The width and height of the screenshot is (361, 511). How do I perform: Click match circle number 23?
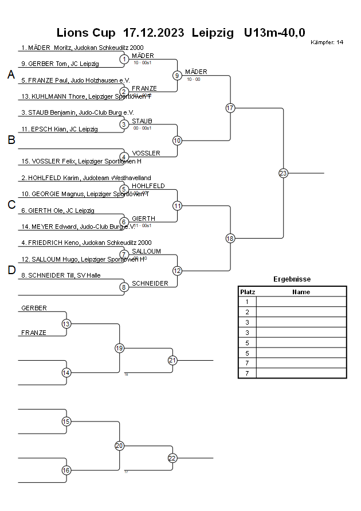coord(283,173)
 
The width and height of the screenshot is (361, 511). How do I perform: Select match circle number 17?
coord(230,108)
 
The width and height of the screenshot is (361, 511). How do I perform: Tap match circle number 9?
coord(177,75)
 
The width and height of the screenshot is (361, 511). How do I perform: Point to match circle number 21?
coord(172,360)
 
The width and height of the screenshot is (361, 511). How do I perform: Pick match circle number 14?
coord(66,373)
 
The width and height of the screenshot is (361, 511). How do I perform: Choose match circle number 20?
coord(120,446)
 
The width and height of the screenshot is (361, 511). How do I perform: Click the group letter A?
coord(11,75)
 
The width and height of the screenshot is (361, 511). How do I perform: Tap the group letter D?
coord(11,270)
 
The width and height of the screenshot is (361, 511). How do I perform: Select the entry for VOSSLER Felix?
coord(81,162)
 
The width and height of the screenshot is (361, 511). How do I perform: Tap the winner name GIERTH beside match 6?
coord(143,219)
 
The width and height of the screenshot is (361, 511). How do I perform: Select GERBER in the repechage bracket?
coord(34,309)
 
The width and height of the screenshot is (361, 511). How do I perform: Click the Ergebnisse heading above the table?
coord(292,279)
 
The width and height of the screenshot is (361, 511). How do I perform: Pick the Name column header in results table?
coord(301,292)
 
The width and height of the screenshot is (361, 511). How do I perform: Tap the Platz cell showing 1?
coord(247,302)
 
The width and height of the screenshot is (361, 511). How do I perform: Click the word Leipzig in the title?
coord(213,33)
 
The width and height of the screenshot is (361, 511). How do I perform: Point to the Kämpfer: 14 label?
coord(327,42)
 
